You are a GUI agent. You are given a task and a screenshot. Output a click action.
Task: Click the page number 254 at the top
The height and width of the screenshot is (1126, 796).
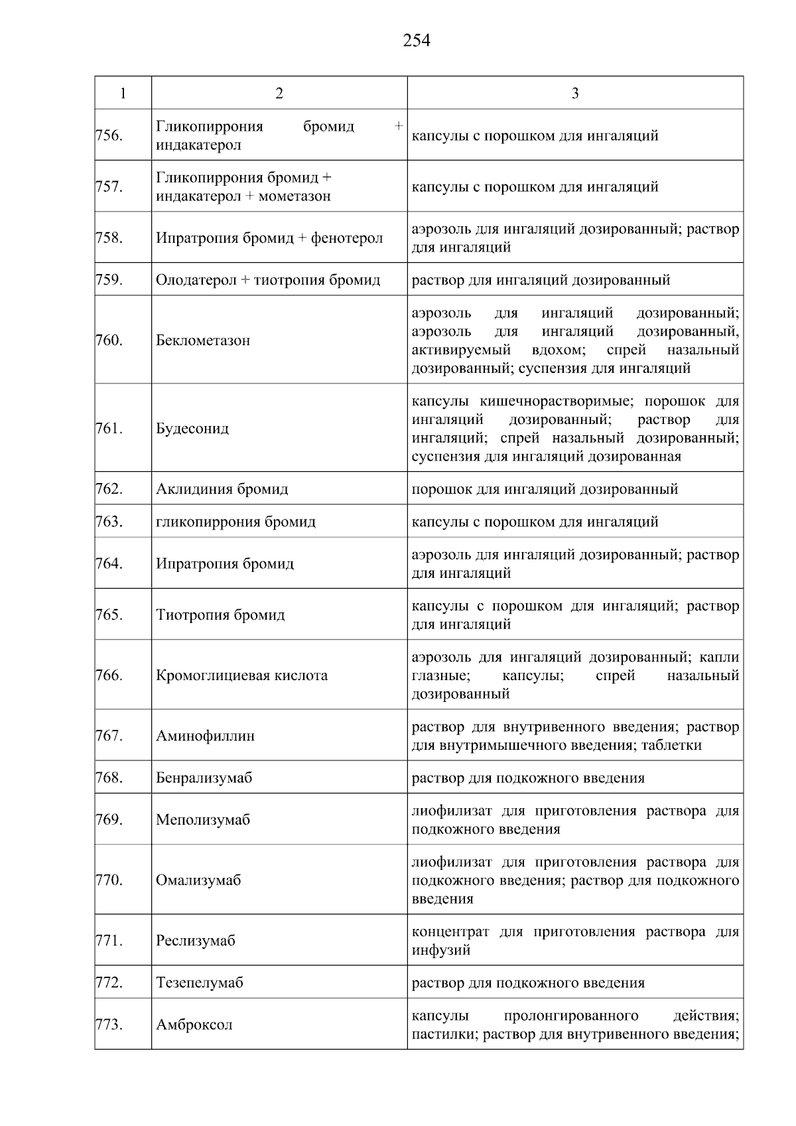tap(416, 41)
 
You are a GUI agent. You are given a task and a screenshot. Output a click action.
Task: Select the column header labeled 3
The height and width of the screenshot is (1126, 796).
tap(574, 93)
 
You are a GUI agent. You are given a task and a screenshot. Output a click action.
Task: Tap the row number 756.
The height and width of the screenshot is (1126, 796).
tap(109, 135)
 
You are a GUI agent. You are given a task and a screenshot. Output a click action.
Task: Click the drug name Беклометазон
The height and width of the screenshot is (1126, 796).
tap(203, 340)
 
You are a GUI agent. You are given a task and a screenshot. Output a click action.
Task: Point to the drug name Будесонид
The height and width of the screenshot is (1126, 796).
tap(192, 429)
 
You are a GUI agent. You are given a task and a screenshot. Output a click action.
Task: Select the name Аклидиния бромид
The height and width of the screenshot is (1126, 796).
tap(222, 489)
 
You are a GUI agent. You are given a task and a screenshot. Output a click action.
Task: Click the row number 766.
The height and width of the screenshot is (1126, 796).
tap(109, 675)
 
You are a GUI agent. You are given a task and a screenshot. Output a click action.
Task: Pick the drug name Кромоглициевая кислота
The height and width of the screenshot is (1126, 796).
tap(241, 675)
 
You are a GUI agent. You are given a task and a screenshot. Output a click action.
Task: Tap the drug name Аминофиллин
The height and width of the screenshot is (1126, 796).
tap(205, 736)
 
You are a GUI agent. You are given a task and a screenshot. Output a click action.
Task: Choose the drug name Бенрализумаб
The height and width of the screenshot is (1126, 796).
tap(204, 778)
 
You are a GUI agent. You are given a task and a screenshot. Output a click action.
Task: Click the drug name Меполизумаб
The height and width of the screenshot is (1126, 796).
tap(203, 819)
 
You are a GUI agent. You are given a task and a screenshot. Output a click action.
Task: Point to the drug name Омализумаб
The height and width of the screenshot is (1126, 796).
tap(198, 880)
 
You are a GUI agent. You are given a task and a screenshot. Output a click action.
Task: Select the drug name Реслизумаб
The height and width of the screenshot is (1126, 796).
tap(195, 941)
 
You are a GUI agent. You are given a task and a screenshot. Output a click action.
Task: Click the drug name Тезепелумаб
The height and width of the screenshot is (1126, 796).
tap(199, 983)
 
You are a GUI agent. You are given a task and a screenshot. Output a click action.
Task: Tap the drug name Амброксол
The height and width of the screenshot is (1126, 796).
tap(194, 1024)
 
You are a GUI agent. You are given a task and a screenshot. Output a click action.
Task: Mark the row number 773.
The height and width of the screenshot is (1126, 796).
tap(109, 1024)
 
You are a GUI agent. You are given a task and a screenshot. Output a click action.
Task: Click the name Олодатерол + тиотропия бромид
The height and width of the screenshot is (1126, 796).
tap(267, 280)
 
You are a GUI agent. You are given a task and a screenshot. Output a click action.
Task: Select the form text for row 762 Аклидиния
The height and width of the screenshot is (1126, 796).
tap(545, 489)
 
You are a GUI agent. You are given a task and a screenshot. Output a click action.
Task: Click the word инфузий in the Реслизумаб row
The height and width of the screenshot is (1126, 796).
tap(441, 950)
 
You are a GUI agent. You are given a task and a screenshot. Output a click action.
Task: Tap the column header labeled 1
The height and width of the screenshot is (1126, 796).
tap(123, 93)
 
